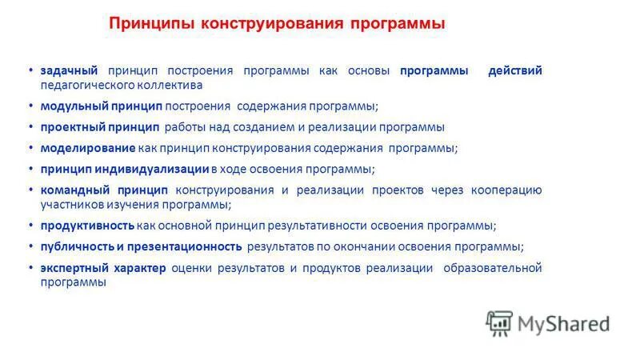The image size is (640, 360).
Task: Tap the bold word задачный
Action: (x=69, y=70)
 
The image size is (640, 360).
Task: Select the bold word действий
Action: (x=515, y=70)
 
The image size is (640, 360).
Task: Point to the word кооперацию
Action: (x=508, y=190)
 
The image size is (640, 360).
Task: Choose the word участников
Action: (x=72, y=204)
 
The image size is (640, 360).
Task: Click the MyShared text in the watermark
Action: (x=562, y=323)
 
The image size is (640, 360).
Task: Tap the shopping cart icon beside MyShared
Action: (x=498, y=322)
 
